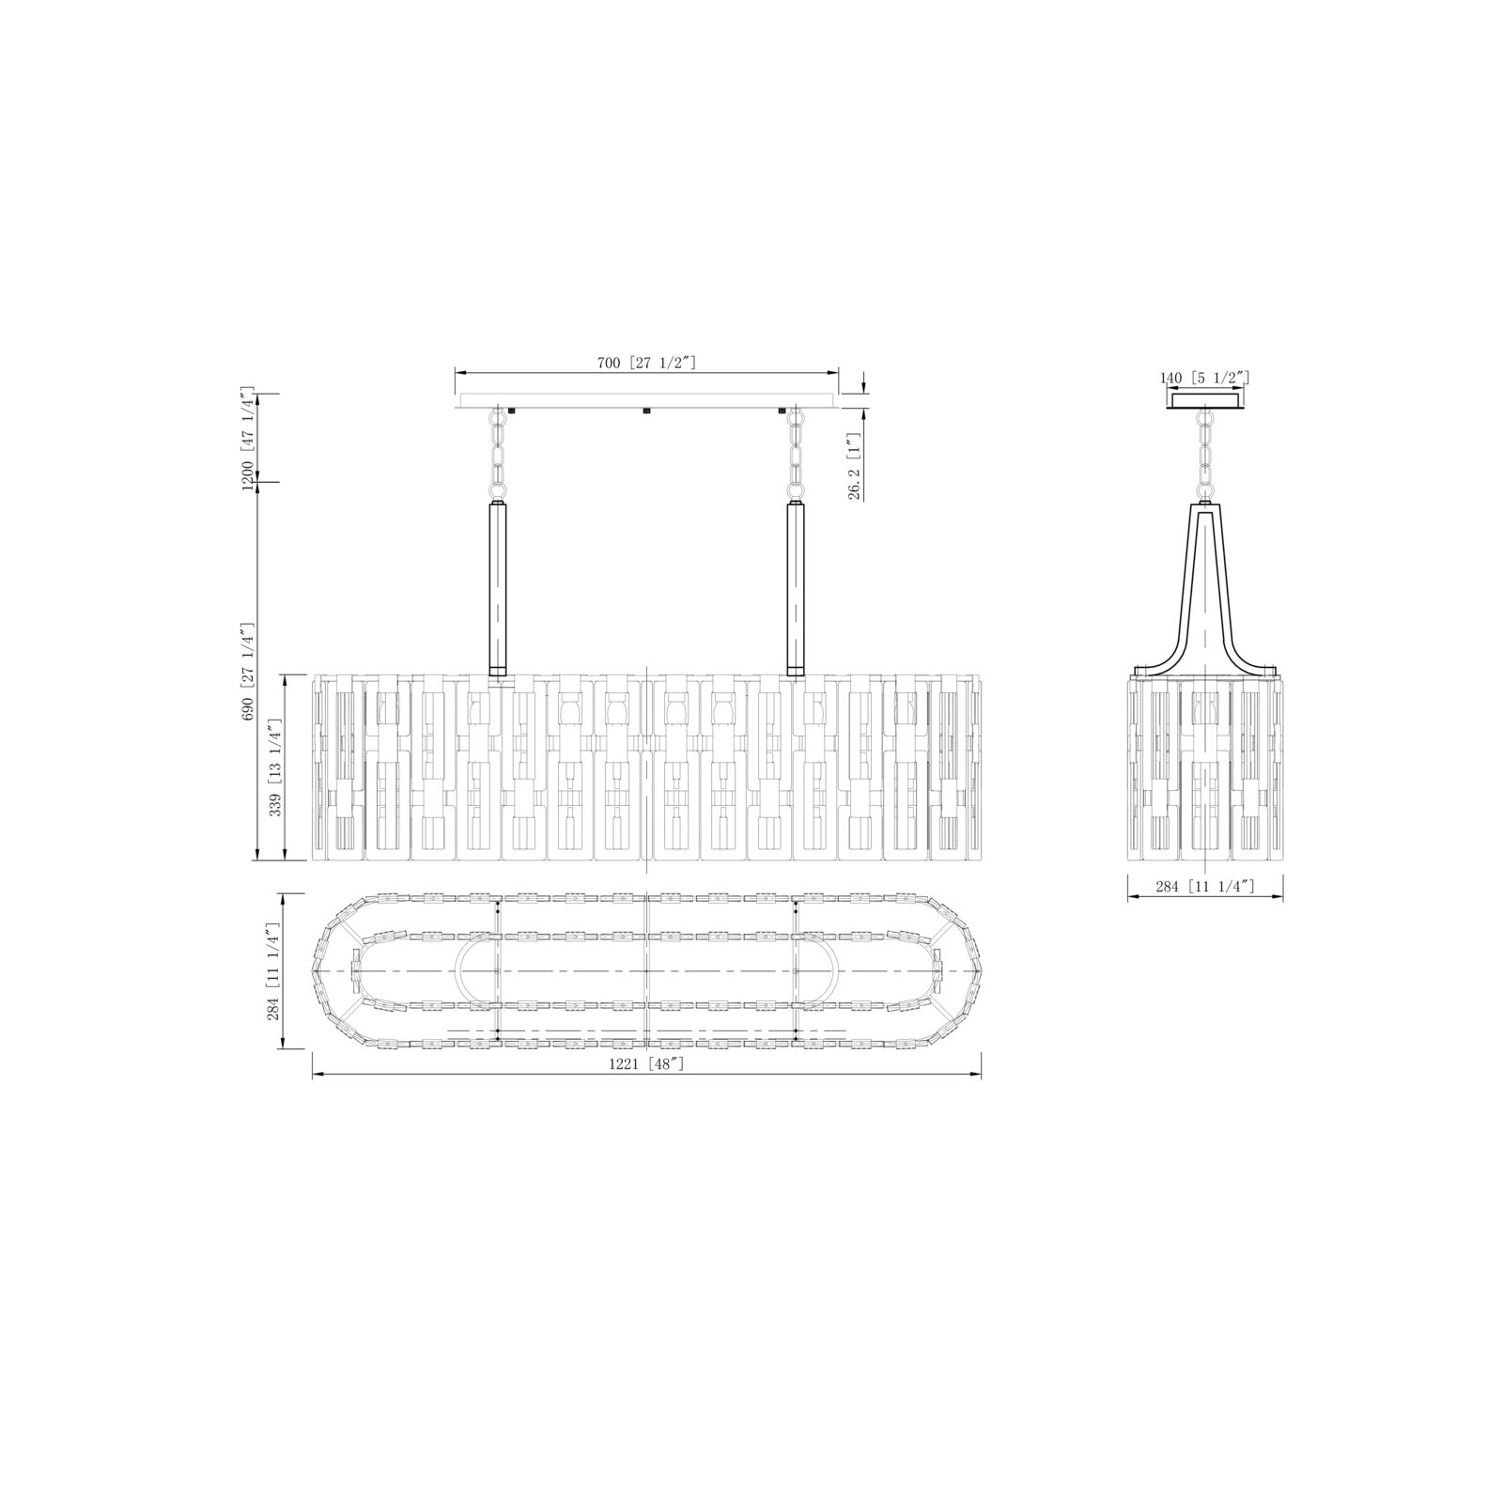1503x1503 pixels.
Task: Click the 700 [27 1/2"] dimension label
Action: click(647, 362)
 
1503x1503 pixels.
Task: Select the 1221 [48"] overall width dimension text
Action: click(647, 1063)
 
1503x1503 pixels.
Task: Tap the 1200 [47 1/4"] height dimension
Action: click(248, 437)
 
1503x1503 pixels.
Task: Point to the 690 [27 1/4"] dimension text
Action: click(248, 671)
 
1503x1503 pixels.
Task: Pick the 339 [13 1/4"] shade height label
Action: click(274, 767)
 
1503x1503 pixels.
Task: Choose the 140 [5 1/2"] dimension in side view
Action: click(1205, 378)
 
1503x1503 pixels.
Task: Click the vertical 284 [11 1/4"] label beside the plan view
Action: click(274, 970)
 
